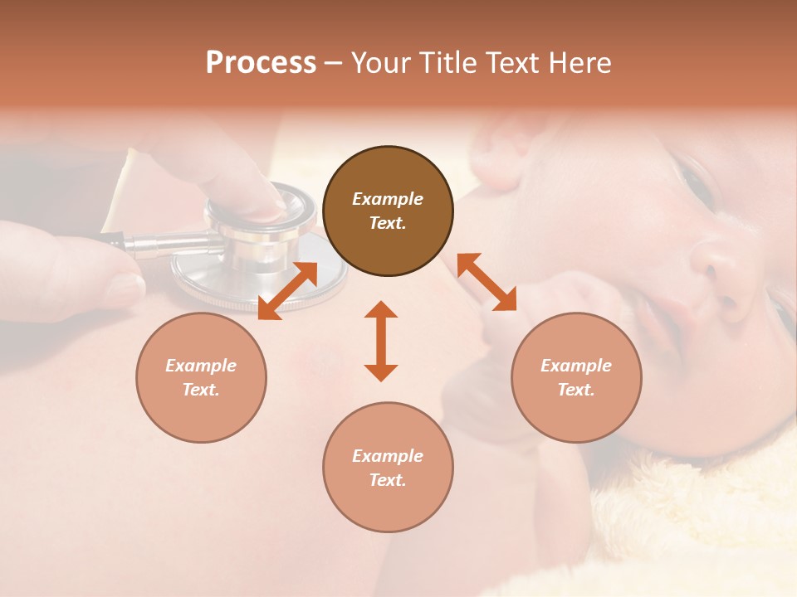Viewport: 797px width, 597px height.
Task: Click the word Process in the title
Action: click(x=261, y=63)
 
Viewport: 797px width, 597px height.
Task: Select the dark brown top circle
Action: click(x=388, y=211)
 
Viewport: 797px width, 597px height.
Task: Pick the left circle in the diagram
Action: click(x=201, y=377)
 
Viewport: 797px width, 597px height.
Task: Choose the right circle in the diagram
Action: click(x=576, y=377)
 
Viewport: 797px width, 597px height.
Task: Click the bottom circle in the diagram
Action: click(x=388, y=468)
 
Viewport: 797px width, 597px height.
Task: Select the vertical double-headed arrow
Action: click(x=381, y=341)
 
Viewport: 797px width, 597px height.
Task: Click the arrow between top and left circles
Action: click(x=288, y=290)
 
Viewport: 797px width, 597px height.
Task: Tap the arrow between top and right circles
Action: click(x=487, y=282)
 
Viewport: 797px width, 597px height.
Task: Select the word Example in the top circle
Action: click(x=388, y=199)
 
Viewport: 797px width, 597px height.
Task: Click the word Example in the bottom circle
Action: click(x=388, y=456)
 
